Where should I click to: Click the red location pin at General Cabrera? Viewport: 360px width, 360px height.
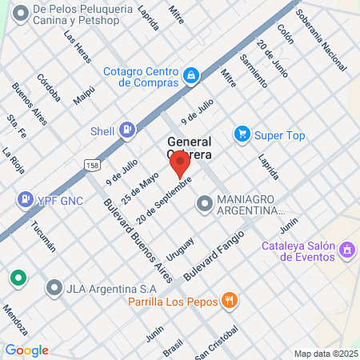click(x=180, y=165)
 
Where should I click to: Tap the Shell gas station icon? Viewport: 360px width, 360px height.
click(x=126, y=129)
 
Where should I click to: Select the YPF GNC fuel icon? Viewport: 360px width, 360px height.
click(x=26, y=198)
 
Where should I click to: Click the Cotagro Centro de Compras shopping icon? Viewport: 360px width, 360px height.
click(x=191, y=76)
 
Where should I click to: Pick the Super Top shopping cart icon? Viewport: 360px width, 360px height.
click(x=242, y=134)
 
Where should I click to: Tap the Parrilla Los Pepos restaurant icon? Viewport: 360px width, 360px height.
click(x=230, y=301)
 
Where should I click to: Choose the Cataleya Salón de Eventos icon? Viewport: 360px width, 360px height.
click(x=347, y=250)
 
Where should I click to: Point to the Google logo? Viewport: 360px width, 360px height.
click(x=26, y=350)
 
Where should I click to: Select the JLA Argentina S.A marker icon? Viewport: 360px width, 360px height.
click(x=54, y=286)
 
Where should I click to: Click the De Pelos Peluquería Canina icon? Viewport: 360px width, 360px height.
click(x=18, y=13)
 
